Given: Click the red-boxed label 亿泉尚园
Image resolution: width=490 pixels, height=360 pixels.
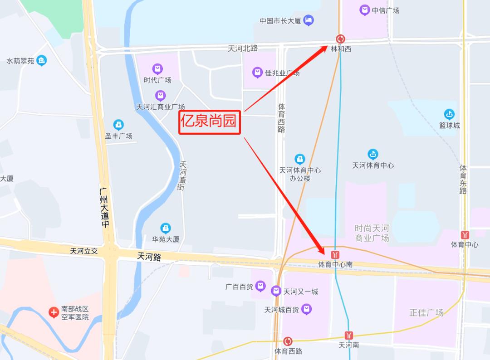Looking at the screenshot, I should click(x=209, y=121).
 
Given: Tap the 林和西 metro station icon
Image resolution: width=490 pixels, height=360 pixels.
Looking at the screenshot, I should click(x=340, y=39).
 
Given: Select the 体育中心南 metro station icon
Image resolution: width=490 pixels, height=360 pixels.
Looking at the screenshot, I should click(x=335, y=255).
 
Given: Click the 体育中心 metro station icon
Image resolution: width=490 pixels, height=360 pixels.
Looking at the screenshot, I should click(x=465, y=235).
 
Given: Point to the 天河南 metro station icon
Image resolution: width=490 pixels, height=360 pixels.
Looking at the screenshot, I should click(x=348, y=336).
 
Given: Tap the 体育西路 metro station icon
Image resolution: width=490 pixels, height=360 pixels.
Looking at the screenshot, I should click(x=288, y=341).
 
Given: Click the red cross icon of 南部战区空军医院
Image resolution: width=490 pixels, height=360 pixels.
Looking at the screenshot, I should click(x=54, y=312).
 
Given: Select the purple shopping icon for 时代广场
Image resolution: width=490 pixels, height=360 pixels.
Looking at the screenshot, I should click(x=157, y=69).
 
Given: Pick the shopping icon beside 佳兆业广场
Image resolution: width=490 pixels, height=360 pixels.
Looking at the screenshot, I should click(x=257, y=72).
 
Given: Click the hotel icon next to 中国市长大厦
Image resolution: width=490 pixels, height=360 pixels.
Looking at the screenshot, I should click(x=309, y=20).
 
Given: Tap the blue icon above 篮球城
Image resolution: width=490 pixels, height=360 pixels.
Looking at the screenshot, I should click(x=449, y=114).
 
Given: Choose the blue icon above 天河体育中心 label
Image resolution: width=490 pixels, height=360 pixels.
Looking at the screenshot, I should click(x=372, y=154).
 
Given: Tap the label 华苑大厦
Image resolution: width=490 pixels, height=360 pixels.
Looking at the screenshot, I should click(x=166, y=239).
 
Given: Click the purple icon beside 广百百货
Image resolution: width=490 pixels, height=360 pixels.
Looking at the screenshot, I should click(x=260, y=286).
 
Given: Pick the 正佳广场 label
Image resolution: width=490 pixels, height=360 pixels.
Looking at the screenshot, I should click(x=426, y=312).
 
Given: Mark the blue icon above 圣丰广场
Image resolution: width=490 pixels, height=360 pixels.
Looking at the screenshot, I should click(x=118, y=124).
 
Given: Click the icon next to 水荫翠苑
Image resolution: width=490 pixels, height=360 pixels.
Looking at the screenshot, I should click(x=42, y=60).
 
